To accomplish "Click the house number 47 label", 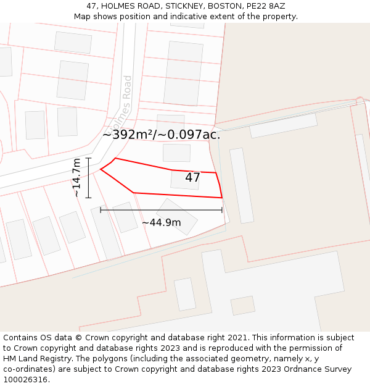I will pos(192,178).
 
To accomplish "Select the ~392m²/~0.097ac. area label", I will pos(161,135).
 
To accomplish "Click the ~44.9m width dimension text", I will pos(162,222).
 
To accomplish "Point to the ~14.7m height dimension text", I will pos(76,178).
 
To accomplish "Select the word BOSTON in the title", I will pos(225,6).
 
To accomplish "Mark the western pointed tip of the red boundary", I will pos(101,169).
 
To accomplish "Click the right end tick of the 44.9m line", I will pos(222,210).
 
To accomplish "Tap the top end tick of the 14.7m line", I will pos(88,158).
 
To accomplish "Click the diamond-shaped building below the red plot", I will pos(177,216).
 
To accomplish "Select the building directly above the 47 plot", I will pos(176,152).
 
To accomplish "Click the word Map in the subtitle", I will pos(83,16).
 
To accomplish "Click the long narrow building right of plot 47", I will pos(242,185).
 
